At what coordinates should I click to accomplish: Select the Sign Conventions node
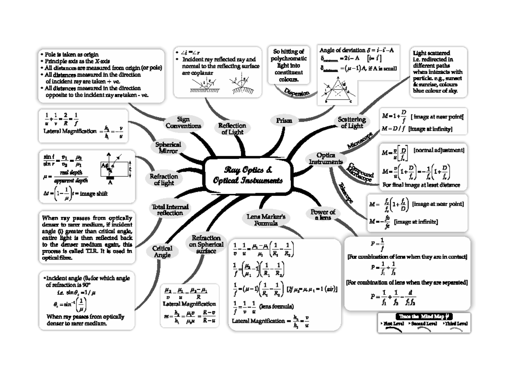point(183,123)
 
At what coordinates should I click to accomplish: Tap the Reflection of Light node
point(232,128)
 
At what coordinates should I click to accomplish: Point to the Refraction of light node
point(164,179)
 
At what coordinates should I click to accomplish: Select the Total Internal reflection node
point(170,210)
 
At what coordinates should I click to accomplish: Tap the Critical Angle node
point(162,252)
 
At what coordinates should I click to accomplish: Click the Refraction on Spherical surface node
point(206,244)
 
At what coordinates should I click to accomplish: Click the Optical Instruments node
point(326,158)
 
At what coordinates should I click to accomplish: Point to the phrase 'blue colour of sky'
point(435,91)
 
